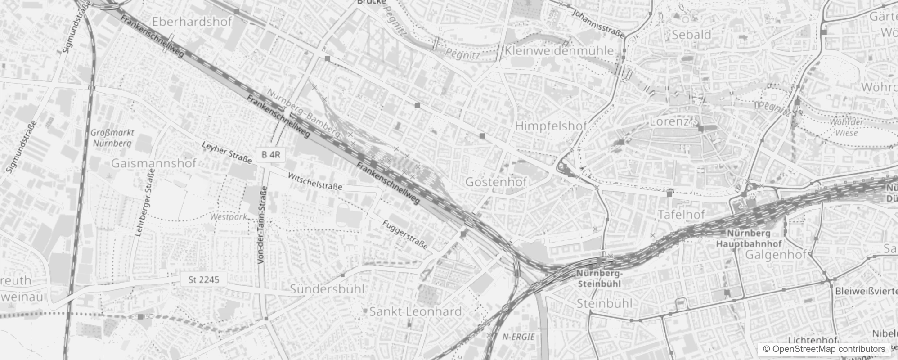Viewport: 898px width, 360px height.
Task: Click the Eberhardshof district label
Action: (192, 22)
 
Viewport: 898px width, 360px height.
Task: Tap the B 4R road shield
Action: (270, 154)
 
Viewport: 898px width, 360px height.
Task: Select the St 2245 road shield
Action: (203, 279)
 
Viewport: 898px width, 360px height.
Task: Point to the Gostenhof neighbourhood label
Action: (496, 182)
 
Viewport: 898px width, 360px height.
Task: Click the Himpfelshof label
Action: (551, 126)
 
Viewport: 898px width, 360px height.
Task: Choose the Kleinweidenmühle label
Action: (559, 50)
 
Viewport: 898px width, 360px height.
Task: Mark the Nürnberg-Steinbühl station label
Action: (599, 279)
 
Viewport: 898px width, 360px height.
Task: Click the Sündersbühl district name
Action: (327, 289)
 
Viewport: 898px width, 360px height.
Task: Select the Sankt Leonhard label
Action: (415, 311)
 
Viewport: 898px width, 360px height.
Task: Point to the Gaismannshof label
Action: (153, 163)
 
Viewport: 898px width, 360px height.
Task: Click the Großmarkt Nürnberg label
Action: (112, 138)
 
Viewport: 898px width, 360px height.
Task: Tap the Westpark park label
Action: (229, 217)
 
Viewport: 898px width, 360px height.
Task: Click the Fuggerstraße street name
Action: (405, 235)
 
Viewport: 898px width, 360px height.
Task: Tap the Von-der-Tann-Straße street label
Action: (262, 227)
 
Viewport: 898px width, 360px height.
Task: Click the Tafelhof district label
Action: (681, 215)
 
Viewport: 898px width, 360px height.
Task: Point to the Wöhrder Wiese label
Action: (846, 127)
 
